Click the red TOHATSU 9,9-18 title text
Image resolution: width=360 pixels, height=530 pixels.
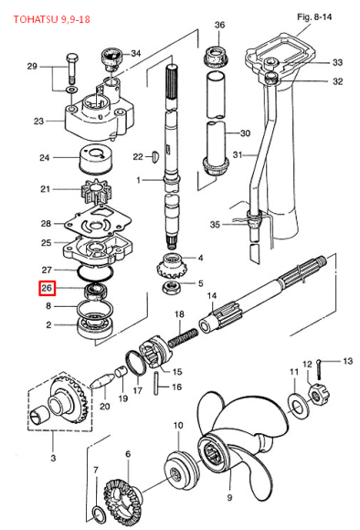52,19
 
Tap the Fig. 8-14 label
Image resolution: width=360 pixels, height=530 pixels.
314,16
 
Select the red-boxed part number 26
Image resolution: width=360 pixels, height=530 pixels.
47,288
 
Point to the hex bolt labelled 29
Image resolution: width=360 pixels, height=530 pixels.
72,69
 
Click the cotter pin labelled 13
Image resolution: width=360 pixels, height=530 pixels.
320,367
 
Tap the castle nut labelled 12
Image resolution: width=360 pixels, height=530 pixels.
318,396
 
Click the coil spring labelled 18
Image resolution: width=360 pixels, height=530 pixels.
184,337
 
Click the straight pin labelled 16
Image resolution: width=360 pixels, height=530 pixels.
156,383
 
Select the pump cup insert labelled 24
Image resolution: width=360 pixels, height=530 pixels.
96,158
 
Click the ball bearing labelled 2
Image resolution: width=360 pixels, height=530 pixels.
96,326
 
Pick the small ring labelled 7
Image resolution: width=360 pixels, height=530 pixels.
99,513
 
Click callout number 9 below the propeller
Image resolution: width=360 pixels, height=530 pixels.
229,497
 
